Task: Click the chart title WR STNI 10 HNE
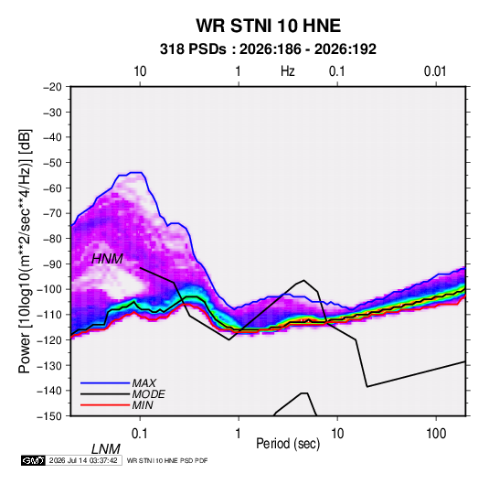[268, 26]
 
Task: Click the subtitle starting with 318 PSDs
[268, 49]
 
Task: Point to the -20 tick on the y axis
[52, 87]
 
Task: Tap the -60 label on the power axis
[52, 188]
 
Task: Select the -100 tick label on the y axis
[49, 289]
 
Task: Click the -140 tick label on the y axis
[49, 391]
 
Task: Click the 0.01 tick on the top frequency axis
[435, 71]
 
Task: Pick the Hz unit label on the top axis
[288, 71]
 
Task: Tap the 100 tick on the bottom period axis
[436, 434]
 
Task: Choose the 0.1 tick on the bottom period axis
[139, 434]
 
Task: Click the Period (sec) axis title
[288, 444]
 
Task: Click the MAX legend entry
[144, 383]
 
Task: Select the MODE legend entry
[148, 394]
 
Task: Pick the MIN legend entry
[143, 405]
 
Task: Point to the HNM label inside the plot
[107, 259]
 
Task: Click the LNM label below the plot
[106, 449]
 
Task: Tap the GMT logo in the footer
[33, 460]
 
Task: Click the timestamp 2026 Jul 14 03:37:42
[83, 460]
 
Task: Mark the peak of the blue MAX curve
[136, 172]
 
